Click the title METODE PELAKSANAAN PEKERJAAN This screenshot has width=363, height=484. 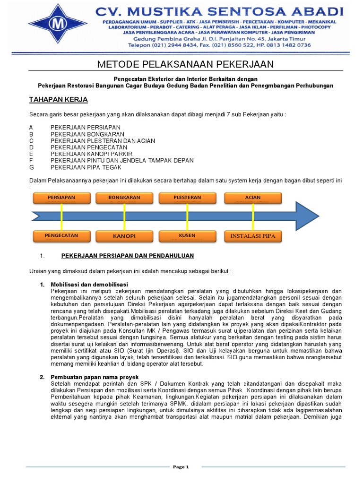[x=185, y=64]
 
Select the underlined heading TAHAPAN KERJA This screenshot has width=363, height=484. [x=59, y=100]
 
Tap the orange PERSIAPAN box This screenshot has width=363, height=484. [x=61, y=198]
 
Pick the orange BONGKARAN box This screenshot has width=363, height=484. [x=124, y=198]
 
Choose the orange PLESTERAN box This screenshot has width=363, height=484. [x=187, y=198]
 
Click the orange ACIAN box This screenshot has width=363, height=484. [x=253, y=198]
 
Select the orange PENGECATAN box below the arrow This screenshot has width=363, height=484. [x=61, y=235]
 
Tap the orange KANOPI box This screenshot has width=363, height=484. [x=124, y=235]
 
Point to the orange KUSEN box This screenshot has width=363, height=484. [x=187, y=235]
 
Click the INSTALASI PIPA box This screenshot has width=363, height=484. [x=253, y=235]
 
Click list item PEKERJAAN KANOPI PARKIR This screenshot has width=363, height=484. [x=92, y=154]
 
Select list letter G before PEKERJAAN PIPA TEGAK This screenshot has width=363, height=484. [x=31, y=167]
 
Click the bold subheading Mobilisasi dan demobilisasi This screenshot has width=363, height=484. [x=89, y=284]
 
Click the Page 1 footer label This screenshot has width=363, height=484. [x=181, y=467]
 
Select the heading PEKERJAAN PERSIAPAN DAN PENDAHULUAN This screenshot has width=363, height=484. [x=128, y=256]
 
